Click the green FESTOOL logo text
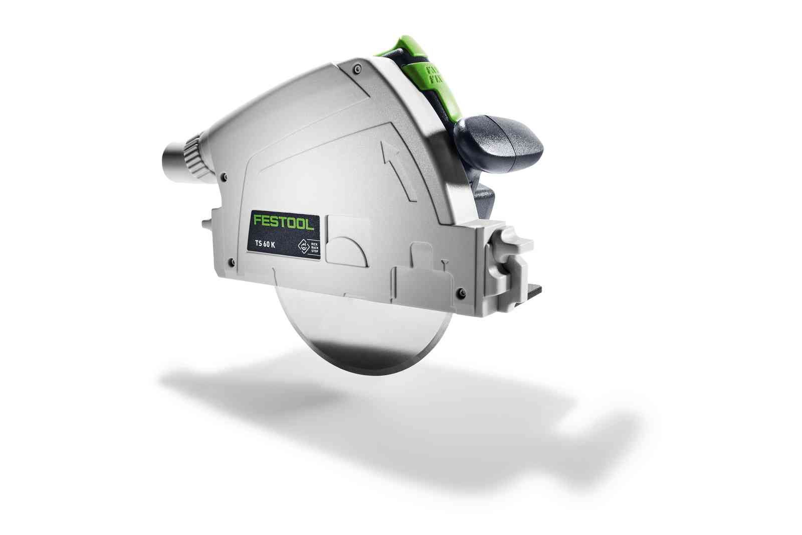point(284,222)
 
